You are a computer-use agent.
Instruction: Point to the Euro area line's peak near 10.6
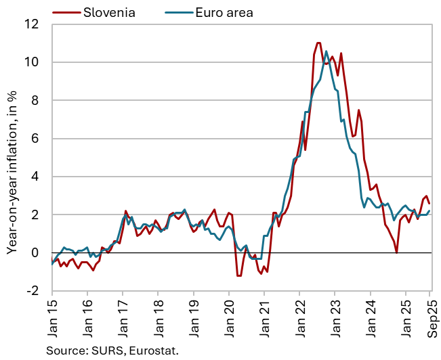point(327,51)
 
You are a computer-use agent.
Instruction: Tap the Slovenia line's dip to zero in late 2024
point(396,252)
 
